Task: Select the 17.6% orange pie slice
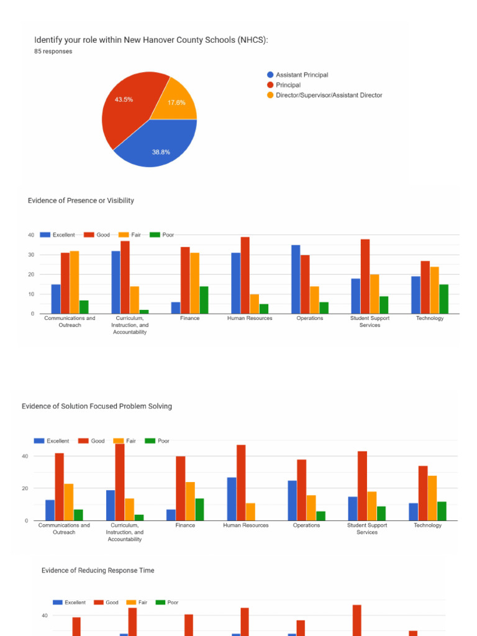(176, 102)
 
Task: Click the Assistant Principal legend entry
(302, 75)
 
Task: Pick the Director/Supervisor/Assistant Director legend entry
(329, 95)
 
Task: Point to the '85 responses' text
(53, 52)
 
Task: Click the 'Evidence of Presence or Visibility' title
(81, 201)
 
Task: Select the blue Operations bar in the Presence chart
(296, 279)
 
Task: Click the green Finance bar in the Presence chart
(204, 300)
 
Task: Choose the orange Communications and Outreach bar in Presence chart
(75, 282)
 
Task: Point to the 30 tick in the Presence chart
(31, 255)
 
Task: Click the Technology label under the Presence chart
(430, 319)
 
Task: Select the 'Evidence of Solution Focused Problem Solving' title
(97, 406)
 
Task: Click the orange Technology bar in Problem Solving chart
(432, 498)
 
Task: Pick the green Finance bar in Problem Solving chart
(199, 509)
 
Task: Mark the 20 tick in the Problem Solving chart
(25, 488)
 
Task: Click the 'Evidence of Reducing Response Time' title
(98, 570)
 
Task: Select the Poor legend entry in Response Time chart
(173, 602)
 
